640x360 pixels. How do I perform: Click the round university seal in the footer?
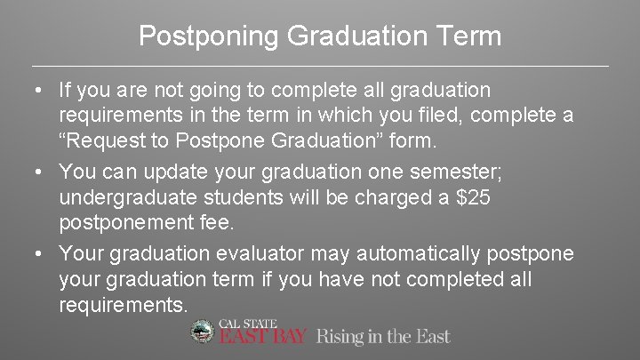click(203, 332)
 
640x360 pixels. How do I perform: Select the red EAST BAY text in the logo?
click(263, 337)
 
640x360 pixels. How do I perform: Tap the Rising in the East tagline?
click(383, 336)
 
